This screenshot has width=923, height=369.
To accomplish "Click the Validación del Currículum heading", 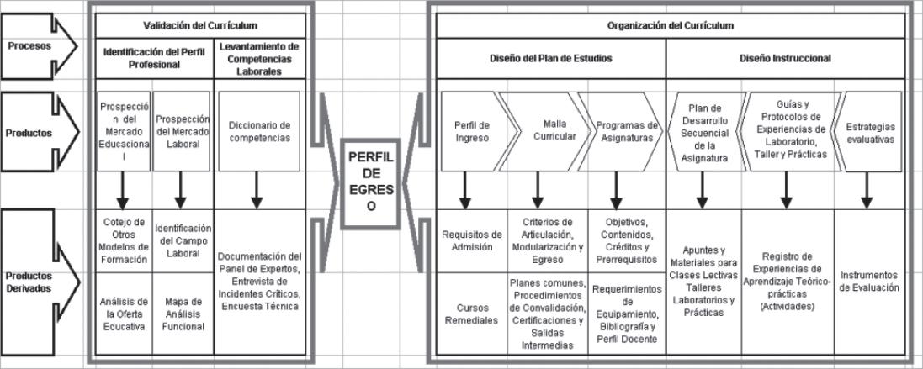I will (x=200, y=26).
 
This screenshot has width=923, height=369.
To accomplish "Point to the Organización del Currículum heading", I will (x=670, y=26).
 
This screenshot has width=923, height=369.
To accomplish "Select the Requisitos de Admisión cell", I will (x=471, y=240).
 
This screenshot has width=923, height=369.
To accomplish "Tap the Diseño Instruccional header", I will (x=785, y=59).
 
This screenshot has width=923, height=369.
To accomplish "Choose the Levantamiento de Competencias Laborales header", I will (x=258, y=59).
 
